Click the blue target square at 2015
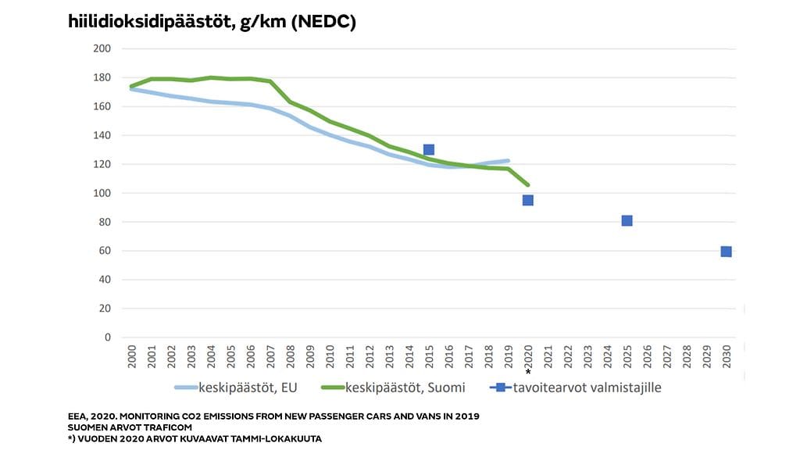(x=428, y=149)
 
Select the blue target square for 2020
(x=527, y=200)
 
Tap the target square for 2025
(x=627, y=220)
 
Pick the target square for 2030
(x=726, y=251)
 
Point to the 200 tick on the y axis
(x=102, y=48)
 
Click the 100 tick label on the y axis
(x=102, y=193)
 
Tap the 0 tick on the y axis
(x=107, y=337)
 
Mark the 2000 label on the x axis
(x=130, y=355)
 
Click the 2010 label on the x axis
(x=329, y=355)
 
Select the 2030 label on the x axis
(x=726, y=355)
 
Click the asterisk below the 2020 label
(x=528, y=373)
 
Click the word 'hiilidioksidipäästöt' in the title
(x=148, y=23)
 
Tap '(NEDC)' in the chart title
(x=322, y=23)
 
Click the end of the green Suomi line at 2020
(x=527, y=184)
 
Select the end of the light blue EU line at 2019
(x=508, y=161)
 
